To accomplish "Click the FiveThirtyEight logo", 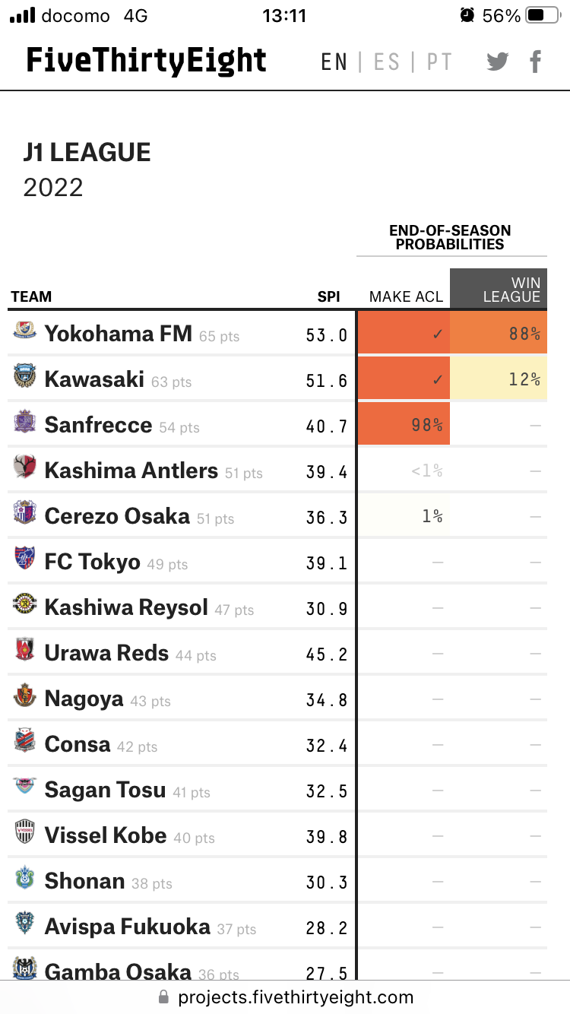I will pos(146,61).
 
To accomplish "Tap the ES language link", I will pos(387,62).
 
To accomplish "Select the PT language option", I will pos(439,62).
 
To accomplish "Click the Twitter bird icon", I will pos(498,62).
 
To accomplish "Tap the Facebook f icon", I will pos(536,62).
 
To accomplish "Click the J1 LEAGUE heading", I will pos(87,153).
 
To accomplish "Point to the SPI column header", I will pos(328,296).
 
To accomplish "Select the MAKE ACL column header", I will pos(406,296).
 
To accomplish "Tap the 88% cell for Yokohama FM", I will pos(499,334).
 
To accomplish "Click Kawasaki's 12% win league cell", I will pos(499,379).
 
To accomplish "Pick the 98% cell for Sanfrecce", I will pos(404,425).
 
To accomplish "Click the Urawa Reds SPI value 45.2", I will pos(327,653).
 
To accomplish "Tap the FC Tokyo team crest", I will pos(24,560).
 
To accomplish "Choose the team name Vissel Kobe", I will pos(106,835).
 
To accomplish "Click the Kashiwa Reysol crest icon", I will pos(24,606).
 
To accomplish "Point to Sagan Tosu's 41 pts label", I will pos(192,792).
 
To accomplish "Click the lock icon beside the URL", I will pos(163,997).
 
